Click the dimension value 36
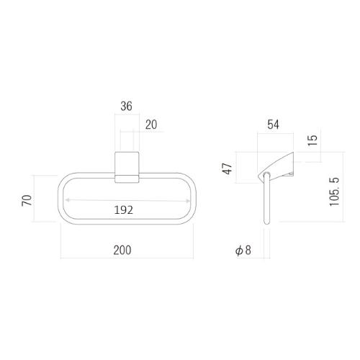coord(126,106)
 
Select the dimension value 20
coord(151,125)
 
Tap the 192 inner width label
coord(123,210)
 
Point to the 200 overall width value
coord(122,250)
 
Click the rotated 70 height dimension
coord(27,200)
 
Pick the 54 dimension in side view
coord(273,125)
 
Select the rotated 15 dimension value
coord(312,140)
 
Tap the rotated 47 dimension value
coord(228,168)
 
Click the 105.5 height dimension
coord(335,192)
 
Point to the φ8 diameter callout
coord(243,251)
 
